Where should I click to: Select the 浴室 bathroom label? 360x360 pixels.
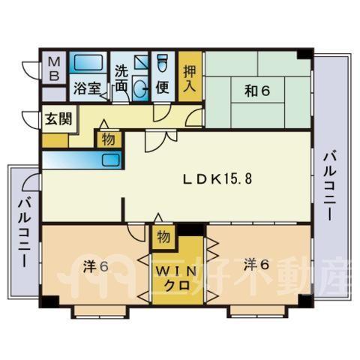tap(87, 88)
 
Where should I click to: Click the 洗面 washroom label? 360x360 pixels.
tap(121, 79)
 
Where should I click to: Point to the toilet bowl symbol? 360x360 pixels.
tap(163, 63)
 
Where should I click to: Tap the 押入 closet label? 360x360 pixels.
tap(190, 79)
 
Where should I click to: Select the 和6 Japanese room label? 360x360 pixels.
tap(257, 91)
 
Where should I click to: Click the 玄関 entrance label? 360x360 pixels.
tap(58, 118)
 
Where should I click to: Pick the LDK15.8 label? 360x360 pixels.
tap(217, 179)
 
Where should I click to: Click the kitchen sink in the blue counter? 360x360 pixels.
tap(111, 160)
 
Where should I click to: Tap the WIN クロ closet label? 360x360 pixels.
tap(177, 278)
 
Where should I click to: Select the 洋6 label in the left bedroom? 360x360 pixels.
tap(96, 266)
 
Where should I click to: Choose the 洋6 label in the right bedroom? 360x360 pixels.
tap(256, 265)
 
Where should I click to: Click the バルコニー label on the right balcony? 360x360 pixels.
tap(330, 187)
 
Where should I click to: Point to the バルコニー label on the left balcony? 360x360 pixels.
tap(25, 232)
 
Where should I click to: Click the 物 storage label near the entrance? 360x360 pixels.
tap(109, 139)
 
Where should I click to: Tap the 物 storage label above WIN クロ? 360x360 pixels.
tap(163, 237)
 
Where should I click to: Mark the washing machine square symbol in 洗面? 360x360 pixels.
tap(141, 62)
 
